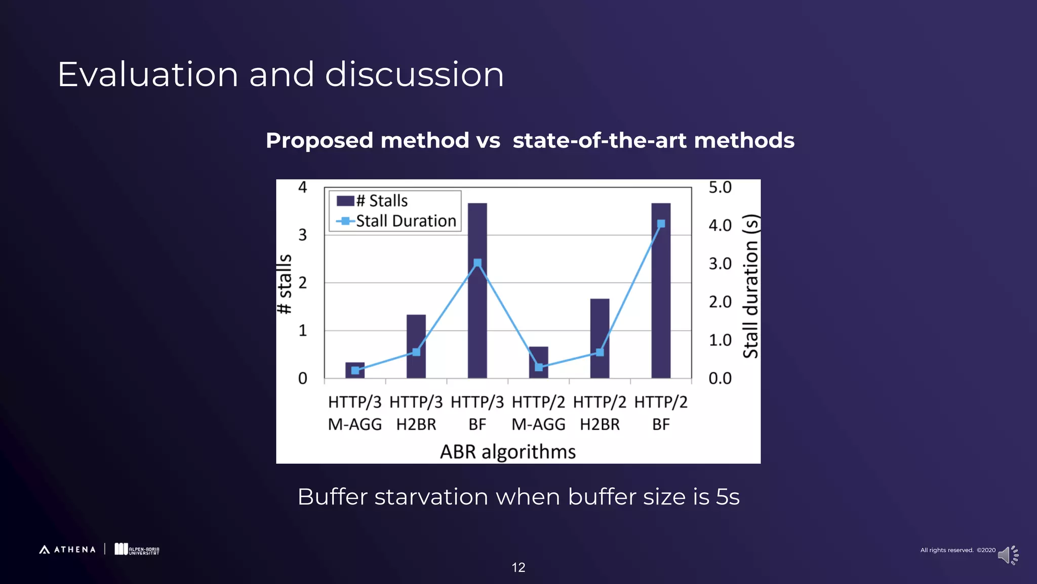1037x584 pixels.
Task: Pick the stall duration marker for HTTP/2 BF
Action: [x=661, y=224]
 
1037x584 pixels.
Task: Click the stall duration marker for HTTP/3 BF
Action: [x=477, y=263]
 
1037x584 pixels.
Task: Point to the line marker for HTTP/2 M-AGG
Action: [x=539, y=367]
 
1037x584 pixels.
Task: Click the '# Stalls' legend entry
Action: [x=373, y=201]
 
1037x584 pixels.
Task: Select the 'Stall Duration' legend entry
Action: [x=396, y=221]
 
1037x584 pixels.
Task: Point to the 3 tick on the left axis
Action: [x=302, y=235]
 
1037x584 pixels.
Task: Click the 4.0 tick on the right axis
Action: [x=720, y=225]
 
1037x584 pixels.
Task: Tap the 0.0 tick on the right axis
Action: [x=720, y=378]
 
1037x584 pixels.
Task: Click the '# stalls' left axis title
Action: [x=285, y=284]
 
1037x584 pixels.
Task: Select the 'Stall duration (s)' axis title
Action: [x=750, y=286]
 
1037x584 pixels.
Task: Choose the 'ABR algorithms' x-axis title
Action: [x=507, y=452]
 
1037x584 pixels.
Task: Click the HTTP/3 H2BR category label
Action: [x=416, y=413]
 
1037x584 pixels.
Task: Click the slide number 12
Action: [x=518, y=567]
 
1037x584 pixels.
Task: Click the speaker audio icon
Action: [x=1007, y=555]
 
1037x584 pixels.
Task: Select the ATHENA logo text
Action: [x=74, y=550]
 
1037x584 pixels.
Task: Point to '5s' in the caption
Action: [x=728, y=497]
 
